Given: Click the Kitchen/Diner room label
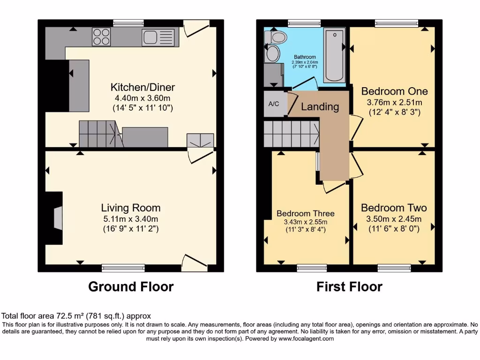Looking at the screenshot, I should [136, 87].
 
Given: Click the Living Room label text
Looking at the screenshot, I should [131, 208].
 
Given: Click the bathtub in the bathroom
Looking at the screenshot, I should [334, 55].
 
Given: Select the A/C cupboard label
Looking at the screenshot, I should [274, 104].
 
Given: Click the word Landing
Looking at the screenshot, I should [320, 107].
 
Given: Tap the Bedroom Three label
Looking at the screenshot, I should [305, 213].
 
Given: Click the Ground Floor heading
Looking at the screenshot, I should [131, 286].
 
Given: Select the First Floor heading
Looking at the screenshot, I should [349, 286].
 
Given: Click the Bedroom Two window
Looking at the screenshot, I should [394, 268].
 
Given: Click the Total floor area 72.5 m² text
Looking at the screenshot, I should [76, 316].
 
